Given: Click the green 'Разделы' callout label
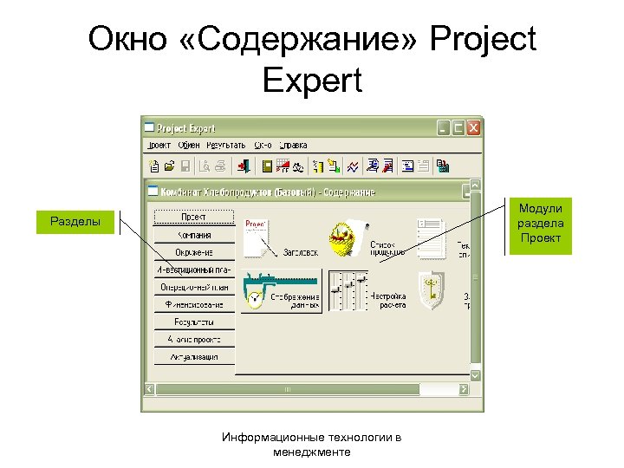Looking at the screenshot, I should pos(75,223).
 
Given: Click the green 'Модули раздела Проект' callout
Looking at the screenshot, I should pos(540,224).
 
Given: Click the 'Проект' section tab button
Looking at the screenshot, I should pos(194,217).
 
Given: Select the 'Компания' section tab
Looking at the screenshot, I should pos(194,235).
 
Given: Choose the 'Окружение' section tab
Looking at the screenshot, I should pos(194,252).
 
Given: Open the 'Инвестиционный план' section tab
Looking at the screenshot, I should pos(194,270).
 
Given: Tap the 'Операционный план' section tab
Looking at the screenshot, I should pos(194,287).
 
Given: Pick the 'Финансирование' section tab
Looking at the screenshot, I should pos(194,304).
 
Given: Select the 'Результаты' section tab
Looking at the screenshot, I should pos(194,322).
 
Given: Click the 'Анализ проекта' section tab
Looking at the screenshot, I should pos(194,339).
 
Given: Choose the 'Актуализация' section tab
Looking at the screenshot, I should pos(194,356).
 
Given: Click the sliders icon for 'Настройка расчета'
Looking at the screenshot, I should pos(347,289).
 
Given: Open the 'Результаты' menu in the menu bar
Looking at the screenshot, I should pos(224,145).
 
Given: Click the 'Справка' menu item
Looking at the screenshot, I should pos(293,145).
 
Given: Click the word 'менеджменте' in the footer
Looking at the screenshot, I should pos(311,452).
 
